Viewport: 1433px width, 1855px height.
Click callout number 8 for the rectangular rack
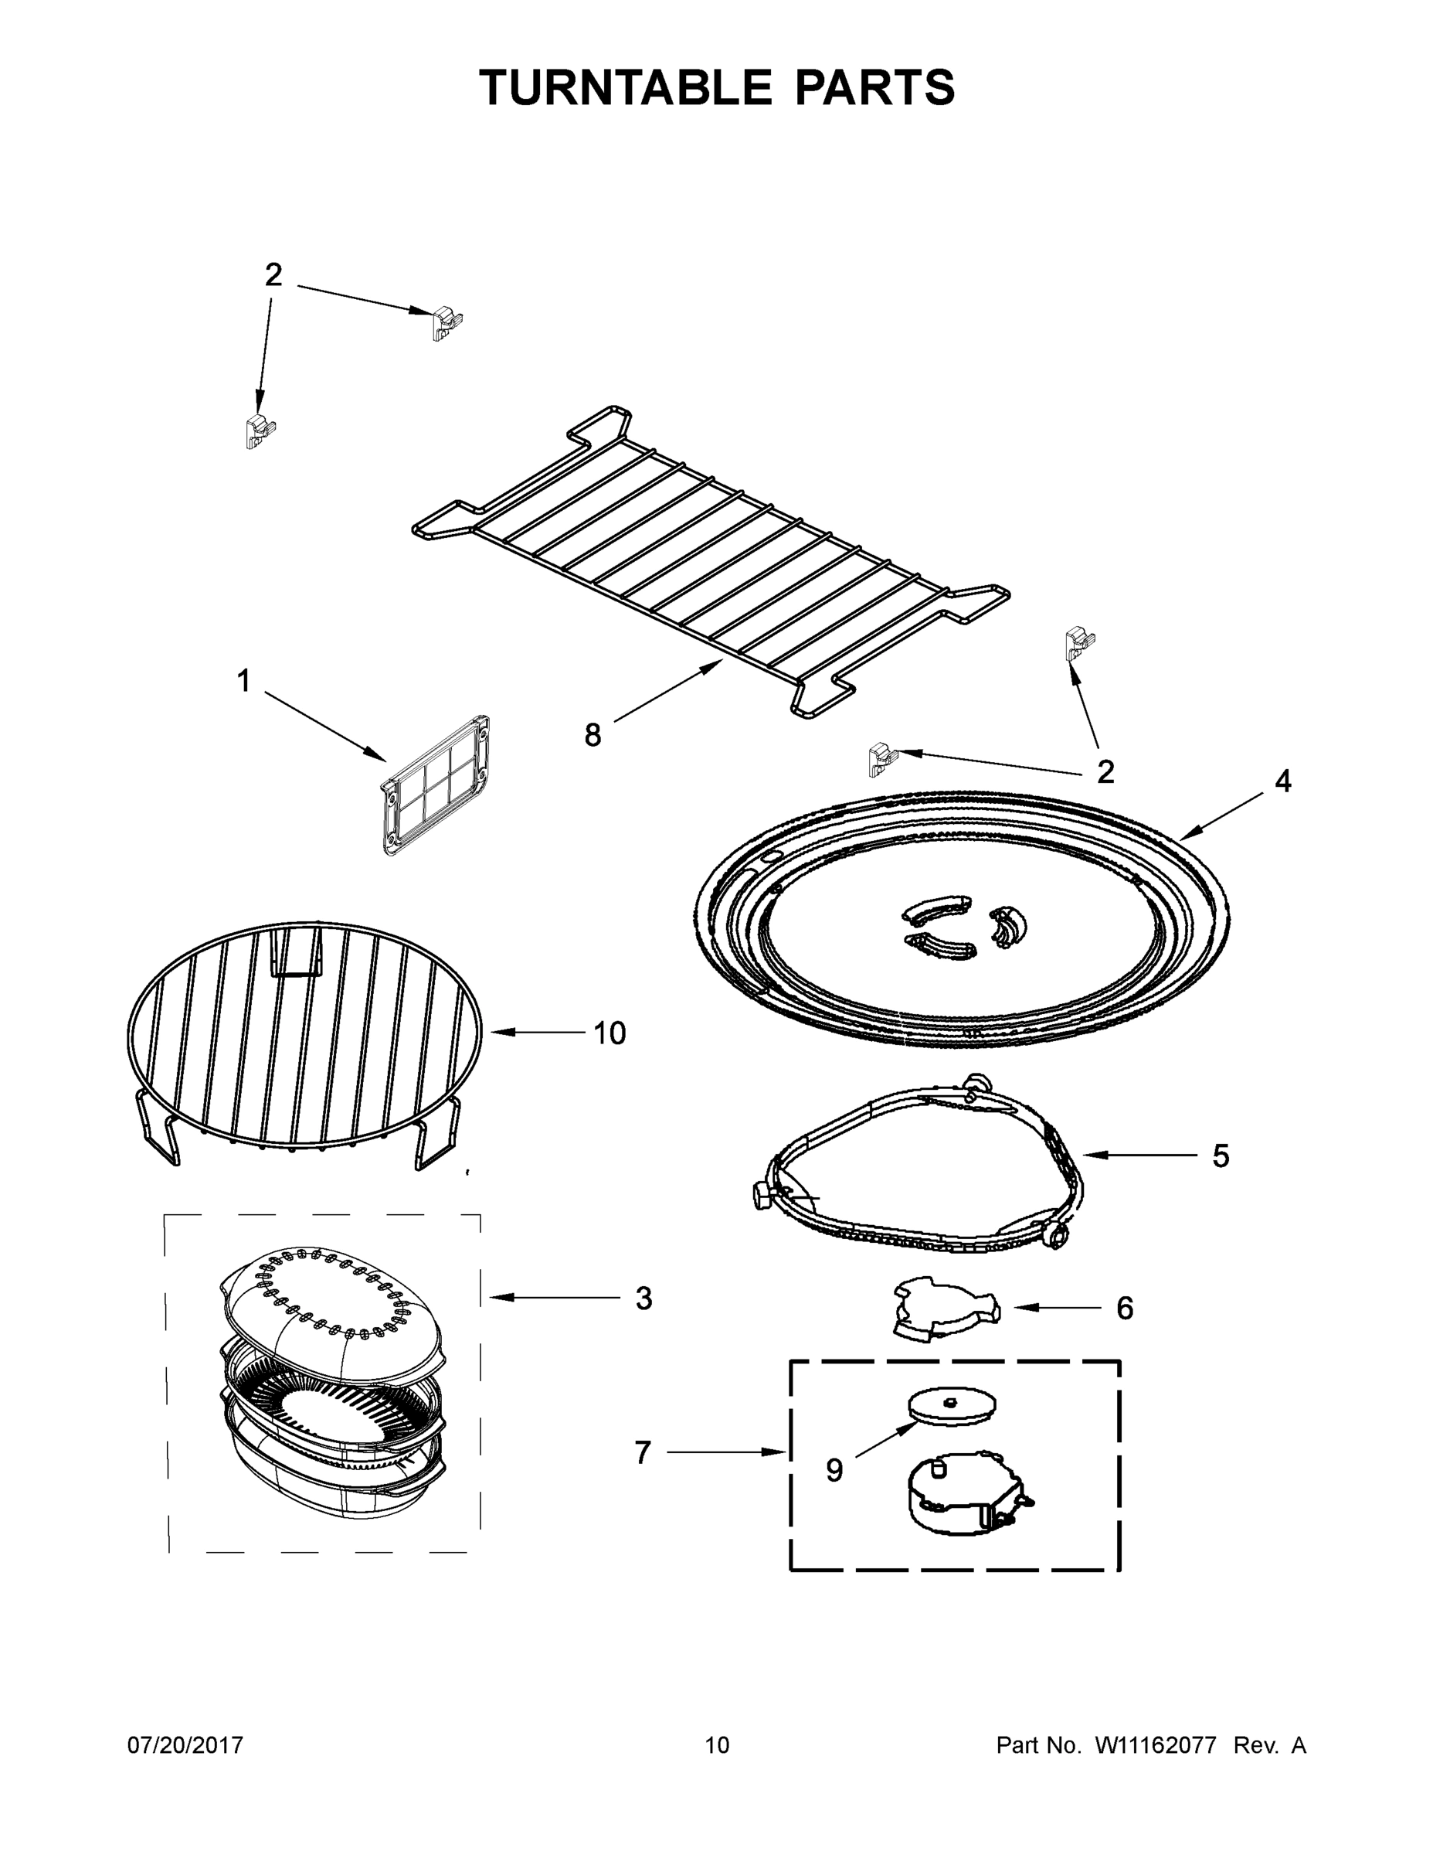592,735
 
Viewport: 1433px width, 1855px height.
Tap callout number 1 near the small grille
243,680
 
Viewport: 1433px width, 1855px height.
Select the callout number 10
610,1033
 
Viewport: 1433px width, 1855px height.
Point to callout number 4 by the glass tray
1282,781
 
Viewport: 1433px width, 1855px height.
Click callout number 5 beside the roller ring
1220,1156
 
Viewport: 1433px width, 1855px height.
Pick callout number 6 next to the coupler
1124,1309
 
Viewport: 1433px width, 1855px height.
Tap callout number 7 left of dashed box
643,1453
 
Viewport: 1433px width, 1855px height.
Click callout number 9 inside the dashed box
834,1471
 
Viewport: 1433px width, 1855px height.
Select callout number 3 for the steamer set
643,1298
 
